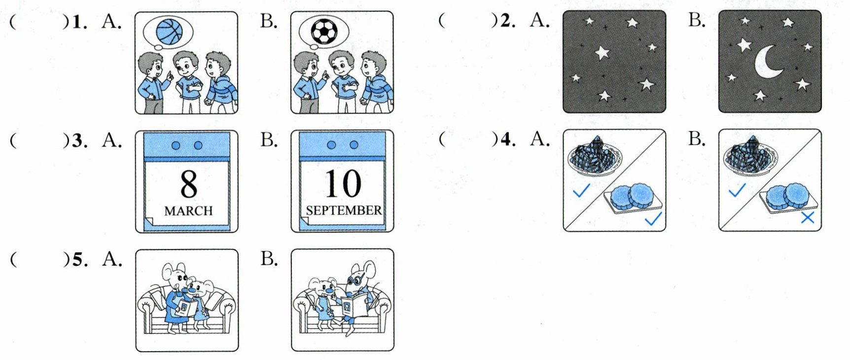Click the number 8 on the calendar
188,184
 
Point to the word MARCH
188,211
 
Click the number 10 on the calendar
343,184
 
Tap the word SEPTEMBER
344,211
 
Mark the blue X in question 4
807,217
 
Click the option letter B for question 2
696,21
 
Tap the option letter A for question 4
540,140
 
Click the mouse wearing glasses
356,296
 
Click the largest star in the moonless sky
602,52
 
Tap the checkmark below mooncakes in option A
653,218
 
